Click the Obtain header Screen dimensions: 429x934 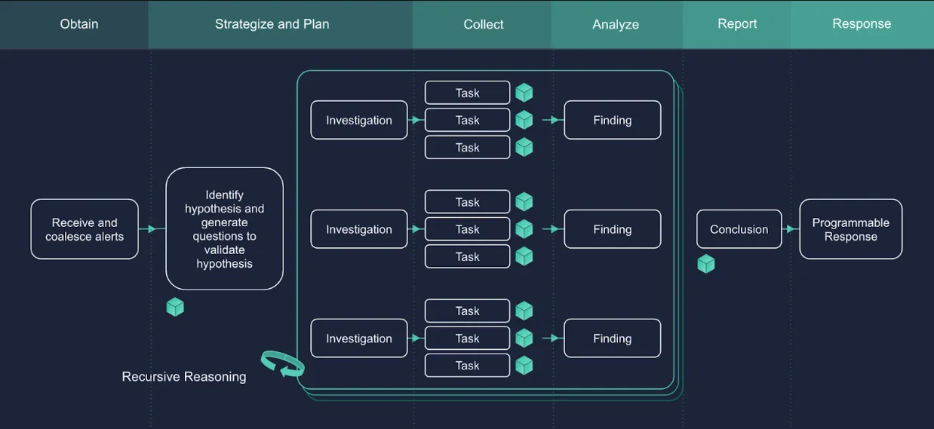coord(79,24)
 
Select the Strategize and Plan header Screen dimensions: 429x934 coord(272,24)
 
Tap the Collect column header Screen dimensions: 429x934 coord(483,24)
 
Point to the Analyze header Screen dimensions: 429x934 coord(616,24)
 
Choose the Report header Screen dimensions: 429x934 coord(737,24)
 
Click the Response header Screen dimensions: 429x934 coord(862,24)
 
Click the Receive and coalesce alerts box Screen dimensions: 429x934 coord(84,229)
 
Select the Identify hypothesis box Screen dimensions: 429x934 coord(224,229)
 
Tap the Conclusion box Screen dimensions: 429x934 coord(739,229)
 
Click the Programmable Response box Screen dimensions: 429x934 coord(850,229)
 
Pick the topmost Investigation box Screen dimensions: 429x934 coord(359,121)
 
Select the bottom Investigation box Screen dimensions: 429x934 coord(359,339)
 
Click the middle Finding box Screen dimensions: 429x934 coord(612,229)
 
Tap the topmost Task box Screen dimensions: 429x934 coord(467,93)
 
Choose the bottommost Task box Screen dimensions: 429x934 coord(467,366)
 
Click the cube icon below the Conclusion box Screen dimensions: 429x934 coord(705,264)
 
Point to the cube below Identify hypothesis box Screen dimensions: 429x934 coord(175,307)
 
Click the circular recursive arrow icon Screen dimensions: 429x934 coord(282,363)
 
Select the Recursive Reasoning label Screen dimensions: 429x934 coord(184,377)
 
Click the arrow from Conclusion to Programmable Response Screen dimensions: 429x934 coord(791,229)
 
